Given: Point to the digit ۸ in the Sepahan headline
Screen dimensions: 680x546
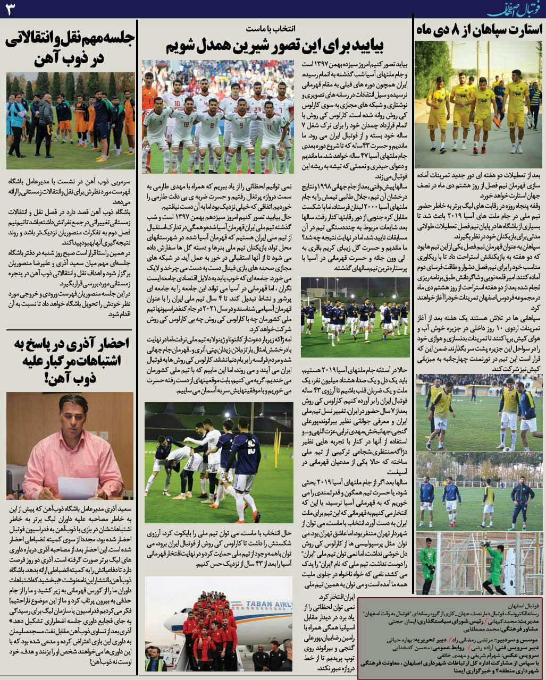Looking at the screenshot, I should (x=454, y=30).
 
